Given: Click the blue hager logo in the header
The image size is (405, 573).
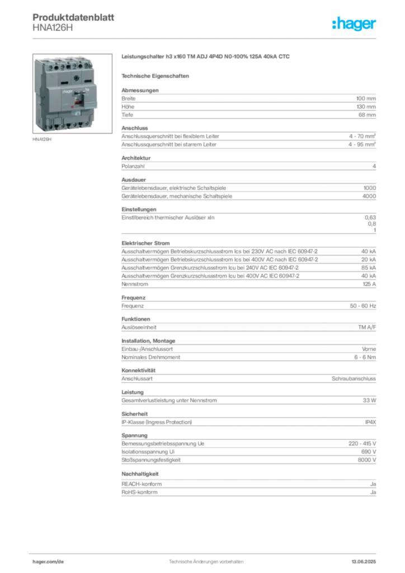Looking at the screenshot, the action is pyautogui.click(x=355, y=24).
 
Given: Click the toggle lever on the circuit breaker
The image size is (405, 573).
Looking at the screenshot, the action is pyautogui.click(x=78, y=100).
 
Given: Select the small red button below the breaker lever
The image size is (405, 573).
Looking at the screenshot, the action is pyautogui.click(x=72, y=106).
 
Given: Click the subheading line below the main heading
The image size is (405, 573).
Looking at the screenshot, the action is pyautogui.click(x=157, y=74).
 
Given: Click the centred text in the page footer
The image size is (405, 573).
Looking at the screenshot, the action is pyautogui.click(x=206, y=560).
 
